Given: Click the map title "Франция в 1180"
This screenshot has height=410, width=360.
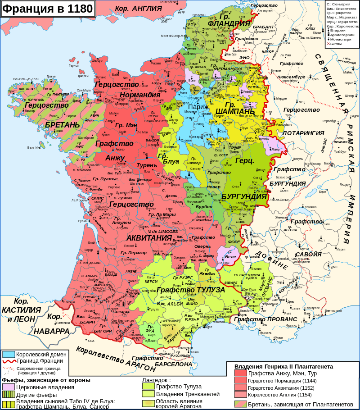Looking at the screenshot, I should click(48, 9).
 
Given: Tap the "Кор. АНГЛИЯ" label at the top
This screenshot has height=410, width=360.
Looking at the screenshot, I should click(138, 9).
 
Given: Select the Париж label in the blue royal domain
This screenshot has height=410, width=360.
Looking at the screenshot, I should click(198, 107).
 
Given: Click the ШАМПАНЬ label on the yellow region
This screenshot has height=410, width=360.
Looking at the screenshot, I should click(234, 111).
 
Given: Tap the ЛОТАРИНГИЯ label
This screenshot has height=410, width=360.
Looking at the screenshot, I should click(303, 133).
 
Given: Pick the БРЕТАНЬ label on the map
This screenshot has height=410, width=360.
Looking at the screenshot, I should click(62, 125).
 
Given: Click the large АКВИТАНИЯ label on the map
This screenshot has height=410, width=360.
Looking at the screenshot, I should click(149, 237).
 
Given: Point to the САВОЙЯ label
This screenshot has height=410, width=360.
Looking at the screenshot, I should click(309, 254).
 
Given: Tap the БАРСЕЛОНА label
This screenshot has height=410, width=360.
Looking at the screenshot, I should click(173, 364).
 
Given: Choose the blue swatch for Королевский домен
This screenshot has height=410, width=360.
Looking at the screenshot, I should click(9, 355).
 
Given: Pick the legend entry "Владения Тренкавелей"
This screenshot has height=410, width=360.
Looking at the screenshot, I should click(188, 394).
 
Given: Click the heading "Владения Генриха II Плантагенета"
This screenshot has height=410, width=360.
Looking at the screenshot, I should click(283, 367).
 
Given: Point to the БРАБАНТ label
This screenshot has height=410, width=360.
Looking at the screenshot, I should click(263, 27).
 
